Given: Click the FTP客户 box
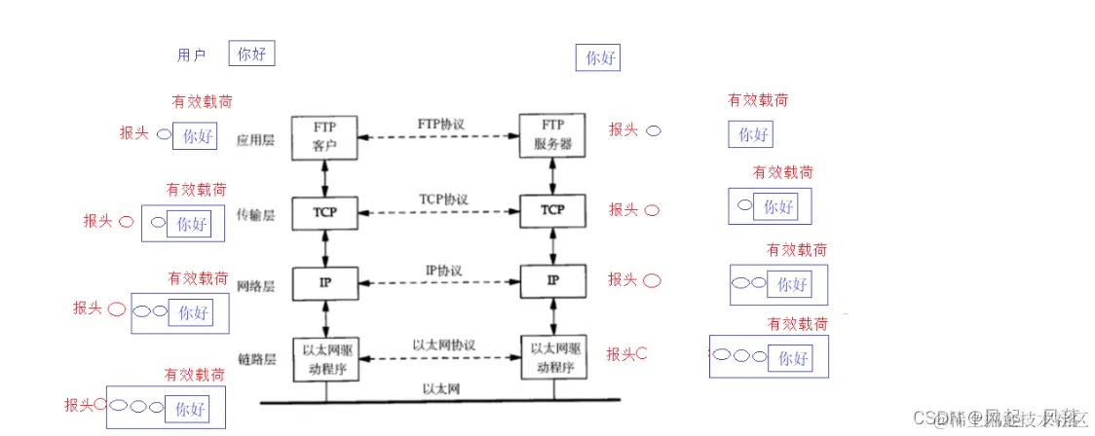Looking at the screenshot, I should (323, 137).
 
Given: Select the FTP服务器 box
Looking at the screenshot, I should (552, 137).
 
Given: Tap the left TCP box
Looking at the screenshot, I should (323, 210).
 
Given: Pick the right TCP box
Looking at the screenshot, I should (552, 209).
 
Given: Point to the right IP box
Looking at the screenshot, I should (552, 280).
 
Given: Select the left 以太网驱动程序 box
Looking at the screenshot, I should (323, 355).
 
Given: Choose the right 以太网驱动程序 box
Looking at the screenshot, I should (552, 356).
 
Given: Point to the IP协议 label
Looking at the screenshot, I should (442, 270).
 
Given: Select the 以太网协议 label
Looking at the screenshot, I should (442, 345).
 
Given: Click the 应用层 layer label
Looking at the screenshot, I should (256, 140).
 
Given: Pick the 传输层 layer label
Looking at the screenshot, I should (256, 214).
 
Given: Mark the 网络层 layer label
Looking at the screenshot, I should (256, 287).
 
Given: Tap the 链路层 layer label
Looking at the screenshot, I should (256, 359).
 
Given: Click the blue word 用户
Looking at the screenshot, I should (191, 55).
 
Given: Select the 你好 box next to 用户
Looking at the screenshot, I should (251, 54).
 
